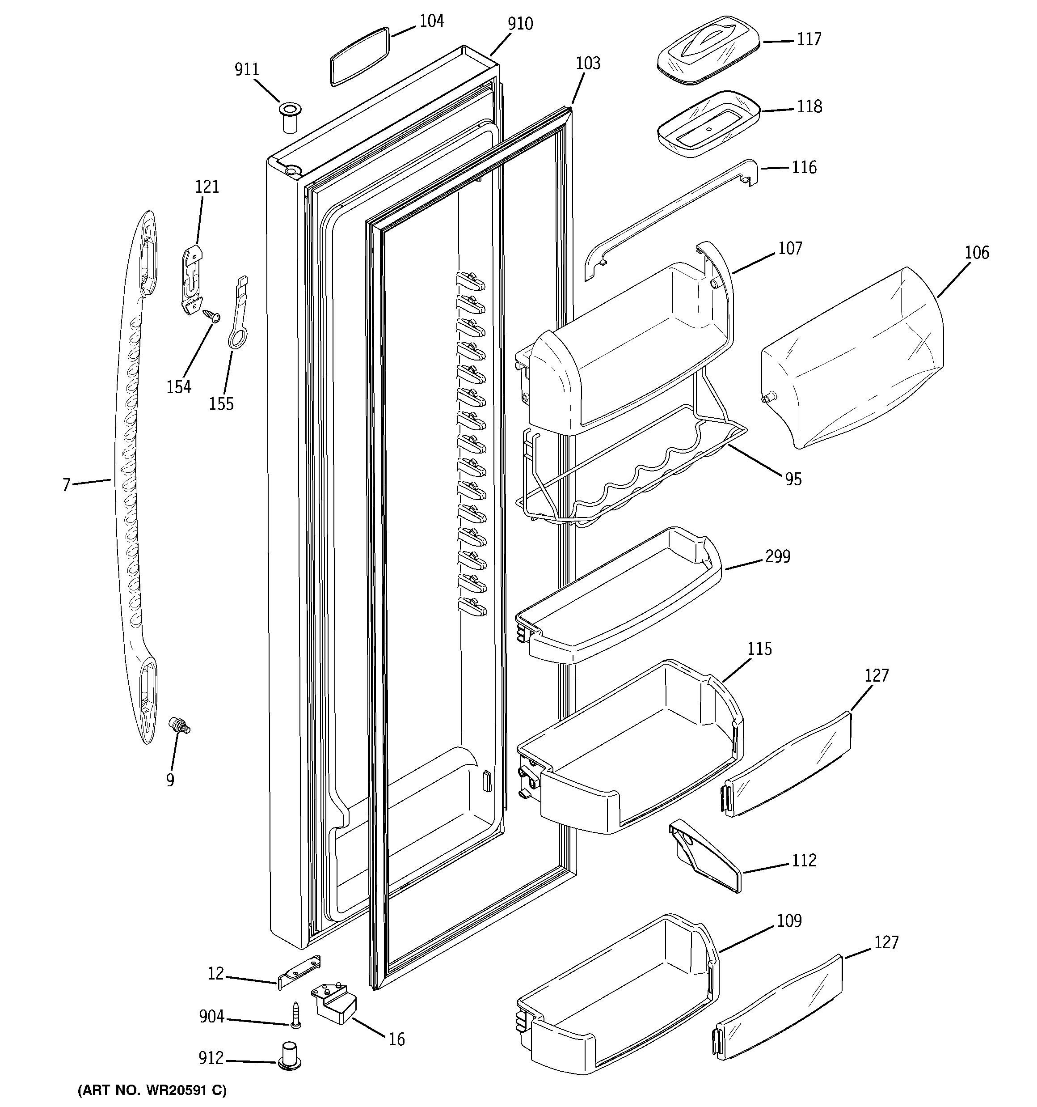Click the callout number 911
(x=247, y=70)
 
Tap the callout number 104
(x=431, y=21)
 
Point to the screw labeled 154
(x=212, y=316)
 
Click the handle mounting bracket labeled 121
(x=193, y=278)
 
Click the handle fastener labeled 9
(x=179, y=725)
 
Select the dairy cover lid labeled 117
(x=708, y=50)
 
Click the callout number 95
(x=793, y=479)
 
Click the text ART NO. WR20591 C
(x=152, y=1091)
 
